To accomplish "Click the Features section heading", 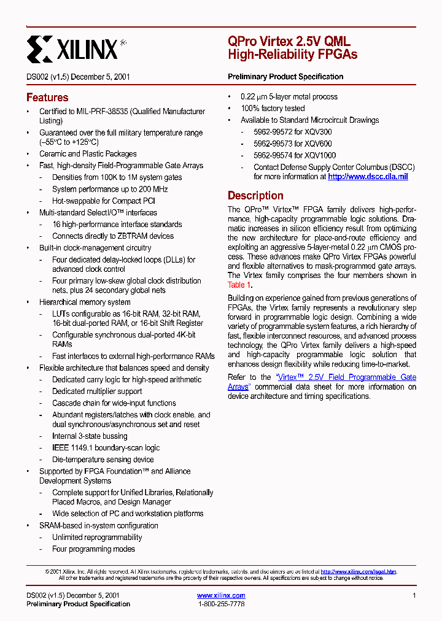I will pos(47,98).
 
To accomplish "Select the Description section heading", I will pos(255,196).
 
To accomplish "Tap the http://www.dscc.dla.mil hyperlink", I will pos(368,177).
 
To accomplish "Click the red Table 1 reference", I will pos(239,285).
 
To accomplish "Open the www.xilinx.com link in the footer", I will pos(221,595).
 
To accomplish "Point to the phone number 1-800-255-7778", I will pos(221,604).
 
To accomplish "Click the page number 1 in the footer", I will pos(414,595).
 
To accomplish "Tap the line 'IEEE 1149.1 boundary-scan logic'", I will pos(106,448).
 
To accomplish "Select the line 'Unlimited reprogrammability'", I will pos(97,538).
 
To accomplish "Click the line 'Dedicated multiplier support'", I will pos(97,391).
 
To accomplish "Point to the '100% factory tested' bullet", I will pos(272,109).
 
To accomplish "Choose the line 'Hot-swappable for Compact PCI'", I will pos(104,201).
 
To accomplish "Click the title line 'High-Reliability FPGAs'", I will pos(292,55).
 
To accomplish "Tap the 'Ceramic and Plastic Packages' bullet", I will pos(88,154).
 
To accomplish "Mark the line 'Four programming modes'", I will pos(93,549).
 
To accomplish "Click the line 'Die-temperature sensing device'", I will pos(103,460).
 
